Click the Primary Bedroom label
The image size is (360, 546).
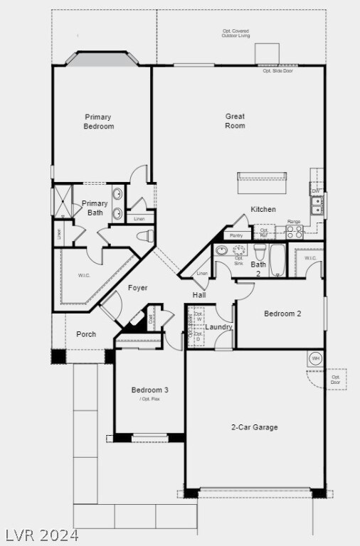(99, 122)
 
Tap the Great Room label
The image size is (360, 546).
(235, 121)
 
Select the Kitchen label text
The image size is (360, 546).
(263, 209)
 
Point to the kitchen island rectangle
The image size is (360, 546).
(263, 183)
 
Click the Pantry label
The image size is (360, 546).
(236, 235)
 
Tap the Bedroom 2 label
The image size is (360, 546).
(283, 314)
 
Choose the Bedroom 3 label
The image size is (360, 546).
(150, 390)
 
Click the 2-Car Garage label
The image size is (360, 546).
(254, 427)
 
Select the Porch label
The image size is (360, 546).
(86, 334)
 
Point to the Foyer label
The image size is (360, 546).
(138, 288)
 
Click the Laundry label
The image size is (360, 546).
(218, 327)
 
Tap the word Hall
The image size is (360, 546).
(199, 295)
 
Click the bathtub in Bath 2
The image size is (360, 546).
(279, 260)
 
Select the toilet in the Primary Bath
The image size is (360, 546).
(144, 235)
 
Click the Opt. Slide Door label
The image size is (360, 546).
(277, 71)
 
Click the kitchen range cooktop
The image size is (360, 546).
(295, 231)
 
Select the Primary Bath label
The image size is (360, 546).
(95, 208)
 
